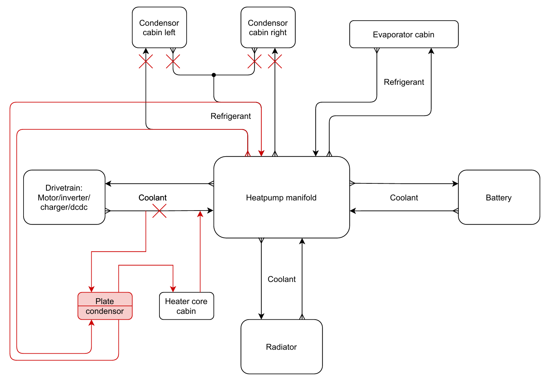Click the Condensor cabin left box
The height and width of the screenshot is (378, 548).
click(x=159, y=28)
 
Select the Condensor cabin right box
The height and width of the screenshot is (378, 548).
click(x=268, y=28)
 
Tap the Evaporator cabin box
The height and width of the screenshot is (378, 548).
click(x=404, y=34)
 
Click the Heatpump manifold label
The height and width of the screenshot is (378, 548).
click(x=281, y=198)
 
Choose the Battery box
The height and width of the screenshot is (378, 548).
click(x=499, y=198)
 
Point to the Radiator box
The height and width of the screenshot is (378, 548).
click(x=282, y=347)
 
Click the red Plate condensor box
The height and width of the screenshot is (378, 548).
click(x=105, y=306)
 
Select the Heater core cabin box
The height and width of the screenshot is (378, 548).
click(x=186, y=306)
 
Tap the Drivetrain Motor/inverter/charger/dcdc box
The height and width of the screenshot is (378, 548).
click(x=64, y=198)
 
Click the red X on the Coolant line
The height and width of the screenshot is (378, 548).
click(x=159, y=211)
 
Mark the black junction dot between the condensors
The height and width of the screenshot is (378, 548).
click(x=214, y=75)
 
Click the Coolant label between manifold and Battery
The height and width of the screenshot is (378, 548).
click(x=404, y=198)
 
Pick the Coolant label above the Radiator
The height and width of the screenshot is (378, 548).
click(x=282, y=279)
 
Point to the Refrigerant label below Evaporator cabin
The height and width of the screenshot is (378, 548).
click(x=404, y=82)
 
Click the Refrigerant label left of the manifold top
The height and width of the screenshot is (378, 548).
click(x=231, y=116)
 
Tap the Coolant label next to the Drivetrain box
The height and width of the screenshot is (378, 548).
click(x=153, y=198)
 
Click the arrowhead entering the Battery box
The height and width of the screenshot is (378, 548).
click(x=455, y=184)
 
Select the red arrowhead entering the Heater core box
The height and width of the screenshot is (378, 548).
click(x=173, y=289)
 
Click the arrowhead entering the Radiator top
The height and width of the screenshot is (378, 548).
click(x=261, y=316)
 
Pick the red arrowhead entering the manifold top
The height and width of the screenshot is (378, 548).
click(x=261, y=153)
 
